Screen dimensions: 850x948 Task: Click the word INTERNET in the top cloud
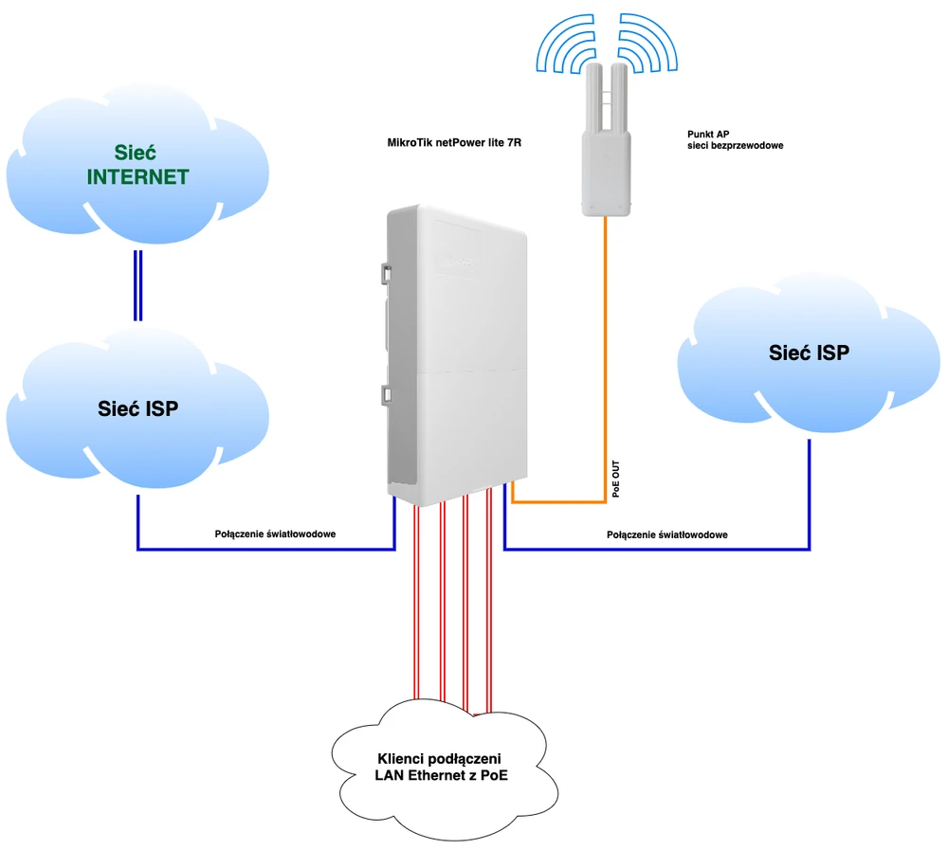[x=137, y=177]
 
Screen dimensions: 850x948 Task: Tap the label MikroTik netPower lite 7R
[x=455, y=144]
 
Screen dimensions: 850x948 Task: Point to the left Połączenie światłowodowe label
[x=275, y=534]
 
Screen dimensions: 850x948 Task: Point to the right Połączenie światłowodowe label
[x=666, y=535]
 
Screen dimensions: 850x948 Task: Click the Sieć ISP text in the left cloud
[x=138, y=409]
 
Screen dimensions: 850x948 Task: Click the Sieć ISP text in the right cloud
[x=808, y=353]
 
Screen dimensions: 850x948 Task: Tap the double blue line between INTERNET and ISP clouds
[x=138, y=284]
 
